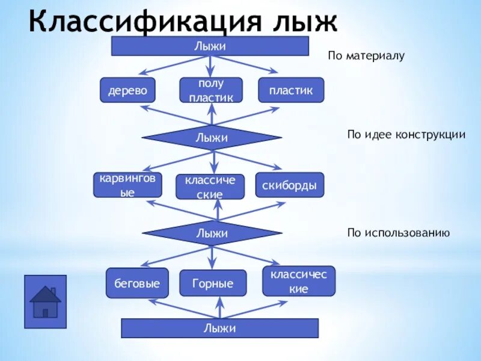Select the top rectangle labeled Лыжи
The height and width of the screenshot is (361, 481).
click(x=210, y=46)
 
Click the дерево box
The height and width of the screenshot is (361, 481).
click(x=127, y=90)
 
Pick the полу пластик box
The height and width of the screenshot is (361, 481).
click(x=211, y=90)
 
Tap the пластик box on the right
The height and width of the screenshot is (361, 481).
click(x=291, y=90)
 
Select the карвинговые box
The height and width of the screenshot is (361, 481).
click(x=127, y=185)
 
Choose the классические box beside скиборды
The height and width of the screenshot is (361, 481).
click(x=210, y=187)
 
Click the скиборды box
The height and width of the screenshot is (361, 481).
click(x=289, y=185)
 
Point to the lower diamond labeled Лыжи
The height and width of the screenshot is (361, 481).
click(x=211, y=233)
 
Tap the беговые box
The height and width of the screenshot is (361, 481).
click(x=137, y=283)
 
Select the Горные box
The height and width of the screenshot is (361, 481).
click(x=213, y=283)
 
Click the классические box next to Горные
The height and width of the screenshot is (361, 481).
click(x=298, y=282)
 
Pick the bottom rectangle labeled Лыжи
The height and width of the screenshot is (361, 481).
click(x=219, y=328)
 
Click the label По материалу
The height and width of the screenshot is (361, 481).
click(x=366, y=56)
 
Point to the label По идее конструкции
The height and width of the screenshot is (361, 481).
click(x=406, y=134)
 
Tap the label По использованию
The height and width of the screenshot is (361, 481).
click(x=398, y=232)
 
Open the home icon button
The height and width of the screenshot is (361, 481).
click(x=45, y=301)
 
